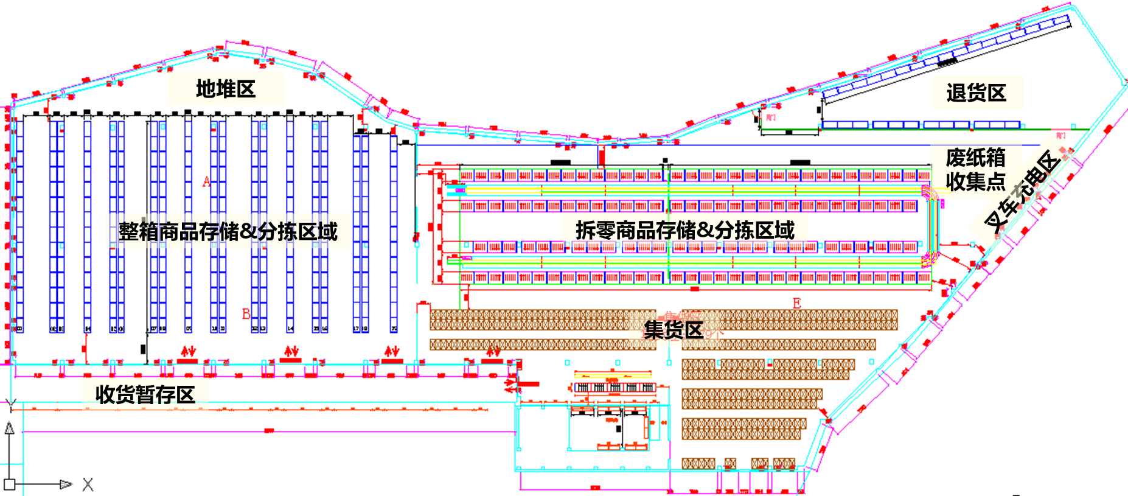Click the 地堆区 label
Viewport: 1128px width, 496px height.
pos(226,89)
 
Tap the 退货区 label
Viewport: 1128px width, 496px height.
pos(976,93)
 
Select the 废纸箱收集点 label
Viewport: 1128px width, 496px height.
pos(975,169)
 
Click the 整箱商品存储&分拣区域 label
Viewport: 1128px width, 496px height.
pos(228,231)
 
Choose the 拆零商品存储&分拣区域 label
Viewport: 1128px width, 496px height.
pos(685,230)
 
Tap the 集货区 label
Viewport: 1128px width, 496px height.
pos(674,330)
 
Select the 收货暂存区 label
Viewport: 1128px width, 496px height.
pos(145,395)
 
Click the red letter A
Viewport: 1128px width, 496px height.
pos(207,181)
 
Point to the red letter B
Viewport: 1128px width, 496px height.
pos(246,314)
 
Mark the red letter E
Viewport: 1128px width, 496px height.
pos(797,303)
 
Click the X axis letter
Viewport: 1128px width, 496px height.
pos(88,485)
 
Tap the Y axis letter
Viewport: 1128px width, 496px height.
pos(10,403)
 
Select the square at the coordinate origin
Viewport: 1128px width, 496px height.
pos(9,485)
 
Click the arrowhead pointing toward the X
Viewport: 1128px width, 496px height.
pos(66,485)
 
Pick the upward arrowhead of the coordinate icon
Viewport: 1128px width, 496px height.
pos(9,428)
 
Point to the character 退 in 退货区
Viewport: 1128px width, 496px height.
pos(956,93)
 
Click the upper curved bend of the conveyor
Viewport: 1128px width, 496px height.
pos(931,195)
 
